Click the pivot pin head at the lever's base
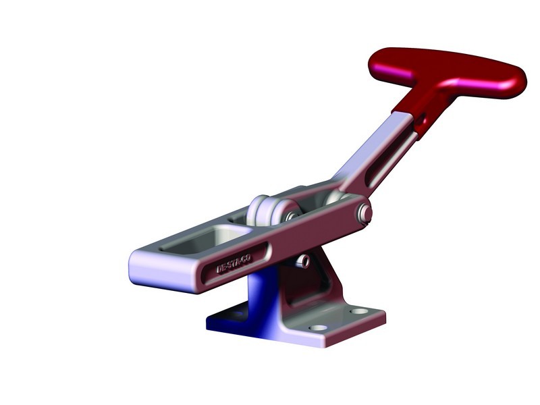[366, 213]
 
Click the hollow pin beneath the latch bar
[305, 260]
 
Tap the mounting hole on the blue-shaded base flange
[238, 315]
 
